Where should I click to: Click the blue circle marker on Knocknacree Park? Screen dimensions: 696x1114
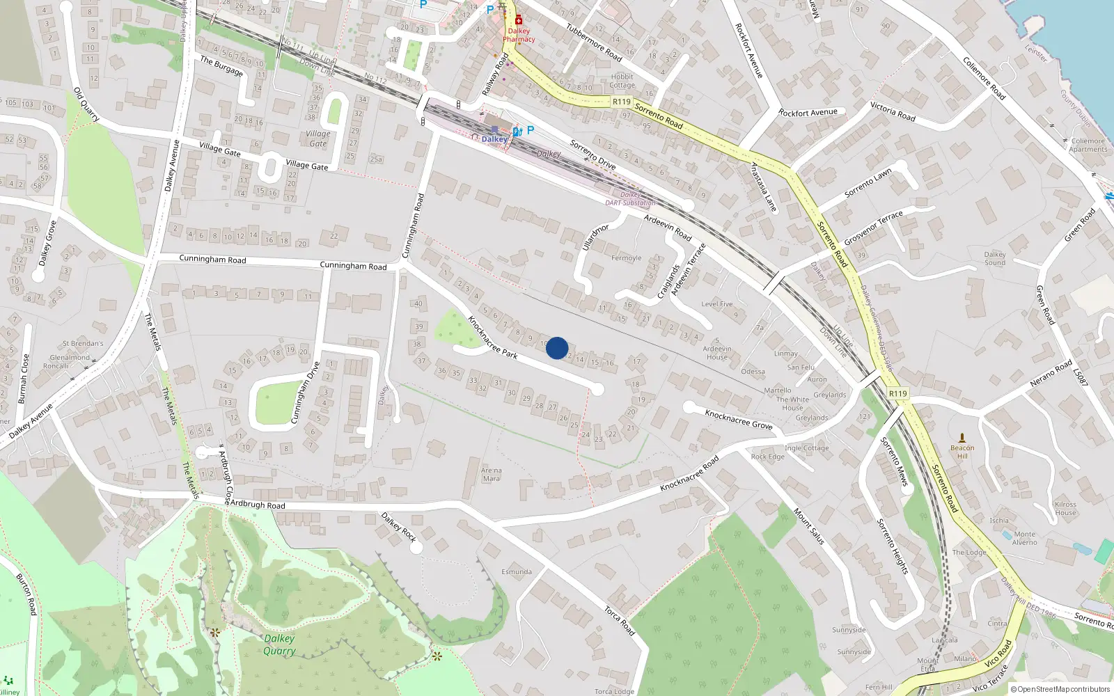(x=557, y=348)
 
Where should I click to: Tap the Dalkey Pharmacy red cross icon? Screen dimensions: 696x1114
(x=519, y=20)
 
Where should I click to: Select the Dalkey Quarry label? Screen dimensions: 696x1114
(x=279, y=644)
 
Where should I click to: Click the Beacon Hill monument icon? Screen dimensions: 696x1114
(x=962, y=438)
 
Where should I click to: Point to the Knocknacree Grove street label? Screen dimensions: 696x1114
(x=739, y=419)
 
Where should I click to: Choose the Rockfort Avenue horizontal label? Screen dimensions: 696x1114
(x=808, y=112)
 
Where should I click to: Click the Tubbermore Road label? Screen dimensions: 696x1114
(x=594, y=42)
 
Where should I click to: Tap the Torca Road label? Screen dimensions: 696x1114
(x=619, y=620)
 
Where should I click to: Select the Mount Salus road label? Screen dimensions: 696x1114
(x=809, y=526)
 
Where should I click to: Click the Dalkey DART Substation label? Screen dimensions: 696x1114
(x=630, y=199)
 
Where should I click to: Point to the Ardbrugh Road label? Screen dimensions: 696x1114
(x=257, y=505)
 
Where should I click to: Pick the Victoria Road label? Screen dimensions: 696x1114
(x=893, y=111)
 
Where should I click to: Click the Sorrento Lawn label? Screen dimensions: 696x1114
(x=868, y=183)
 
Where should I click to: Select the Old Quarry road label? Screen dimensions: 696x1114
(x=87, y=104)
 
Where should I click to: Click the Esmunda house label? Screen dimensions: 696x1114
(x=517, y=572)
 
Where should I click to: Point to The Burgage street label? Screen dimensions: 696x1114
(x=221, y=66)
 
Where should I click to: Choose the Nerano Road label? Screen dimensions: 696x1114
(x=1051, y=374)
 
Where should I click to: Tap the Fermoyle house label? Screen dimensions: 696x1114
(x=626, y=258)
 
